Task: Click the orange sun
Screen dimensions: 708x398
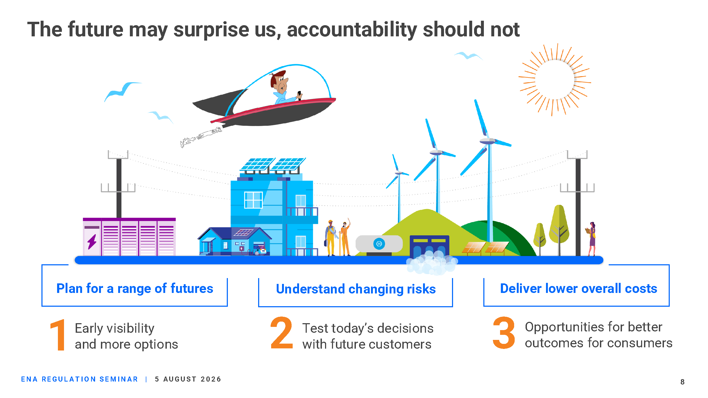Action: pyautogui.click(x=555, y=79)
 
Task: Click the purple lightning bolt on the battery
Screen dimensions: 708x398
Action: pyautogui.click(x=92, y=241)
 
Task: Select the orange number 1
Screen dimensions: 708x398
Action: pyautogui.click(x=58, y=335)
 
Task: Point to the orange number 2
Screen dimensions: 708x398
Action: pyautogui.click(x=282, y=333)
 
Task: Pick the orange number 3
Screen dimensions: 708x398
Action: pyautogui.click(x=504, y=333)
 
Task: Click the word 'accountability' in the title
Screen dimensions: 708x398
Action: pyautogui.click(x=352, y=30)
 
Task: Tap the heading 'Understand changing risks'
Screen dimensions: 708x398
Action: pyautogui.click(x=356, y=289)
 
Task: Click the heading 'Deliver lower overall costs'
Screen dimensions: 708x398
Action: pyautogui.click(x=579, y=288)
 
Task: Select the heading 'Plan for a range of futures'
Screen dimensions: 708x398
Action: pyautogui.click(x=135, y=289)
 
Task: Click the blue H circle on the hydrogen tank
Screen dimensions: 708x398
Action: pyautogui.click(x=379, y=244)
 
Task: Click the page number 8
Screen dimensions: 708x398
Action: pyautogui.click(x=683, y=382)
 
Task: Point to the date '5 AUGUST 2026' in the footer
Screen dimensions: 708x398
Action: pyautogui.click(x=188, y=379)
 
